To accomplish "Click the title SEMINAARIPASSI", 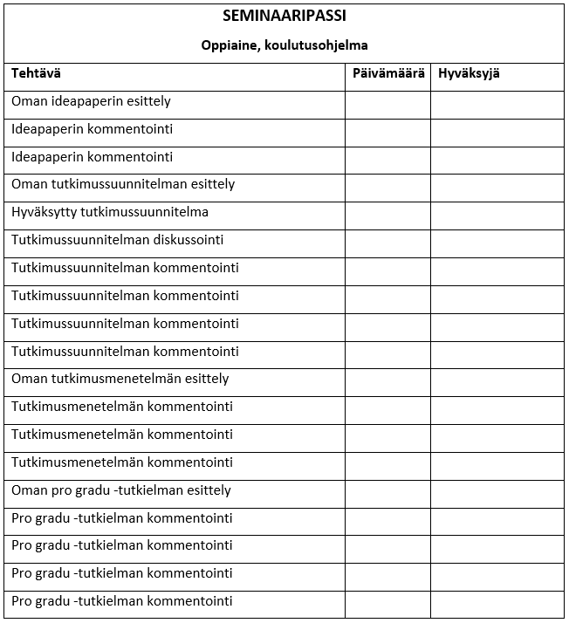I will [284, 16].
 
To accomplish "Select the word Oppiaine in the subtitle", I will [229, 45].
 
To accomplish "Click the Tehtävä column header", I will [36, 74].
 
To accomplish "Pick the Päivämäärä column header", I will [388, 74].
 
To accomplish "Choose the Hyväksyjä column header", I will [469, 74].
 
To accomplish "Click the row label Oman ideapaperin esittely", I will [91, 101].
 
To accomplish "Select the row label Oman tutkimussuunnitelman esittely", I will [123, 184].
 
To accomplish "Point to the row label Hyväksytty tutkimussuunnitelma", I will [110, 212].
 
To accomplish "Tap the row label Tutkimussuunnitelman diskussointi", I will [118, 240].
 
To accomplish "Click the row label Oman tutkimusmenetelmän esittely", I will [120, 379].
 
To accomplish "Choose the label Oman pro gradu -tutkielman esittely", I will [121, 490].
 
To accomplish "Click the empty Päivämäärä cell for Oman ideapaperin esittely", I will [387, 105].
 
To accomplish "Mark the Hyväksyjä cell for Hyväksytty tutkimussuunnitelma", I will [497, 216].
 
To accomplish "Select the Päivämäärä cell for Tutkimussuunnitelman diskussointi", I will [387, 243].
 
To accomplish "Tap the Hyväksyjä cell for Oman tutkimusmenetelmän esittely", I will [497, 382].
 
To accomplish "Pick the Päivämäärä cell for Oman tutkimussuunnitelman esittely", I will [387, 188].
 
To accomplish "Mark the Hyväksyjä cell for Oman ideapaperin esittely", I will [497, 105].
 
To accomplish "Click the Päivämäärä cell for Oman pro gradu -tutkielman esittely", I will [387, 493].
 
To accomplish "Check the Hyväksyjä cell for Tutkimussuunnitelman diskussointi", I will [497, 243].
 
